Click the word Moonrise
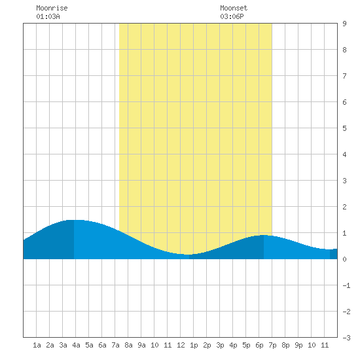(x=52, y=8)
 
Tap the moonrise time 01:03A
(x=48, y=16)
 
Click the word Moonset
(x=234, y=8)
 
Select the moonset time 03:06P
(x=232, y=16)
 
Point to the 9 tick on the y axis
(x=344, y=24)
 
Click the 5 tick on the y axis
(x=344, y=128)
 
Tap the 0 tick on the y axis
(x=344, y=259)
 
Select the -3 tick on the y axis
(x=346, y=338)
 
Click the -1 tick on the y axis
(x=346, y=285)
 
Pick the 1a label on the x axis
(x=37, y=345)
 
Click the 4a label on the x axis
(x=76, y=345)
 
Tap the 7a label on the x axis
(x=115, y=345)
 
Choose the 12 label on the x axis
(x=181, y=345)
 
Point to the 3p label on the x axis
(x=220, y=345)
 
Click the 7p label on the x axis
(x=272, y=345)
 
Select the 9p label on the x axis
(x=298, y=345)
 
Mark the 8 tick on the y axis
(x=344, y=50)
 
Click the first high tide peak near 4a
(x=74, y=220)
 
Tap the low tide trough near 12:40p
(x=189, y=255)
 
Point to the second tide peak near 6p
(x=264, y=235)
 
